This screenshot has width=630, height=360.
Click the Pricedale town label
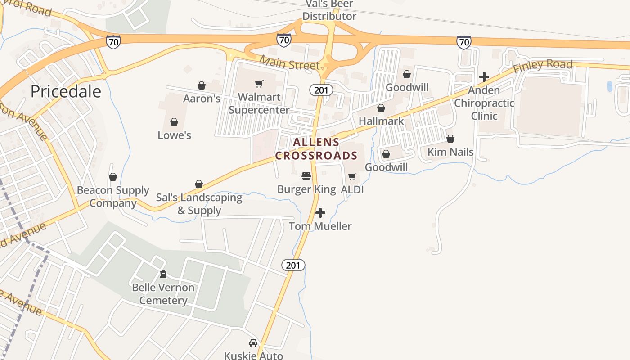[66, 91]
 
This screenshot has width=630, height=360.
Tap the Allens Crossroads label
[316, 149]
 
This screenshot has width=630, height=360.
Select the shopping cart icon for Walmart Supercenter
[259, 84]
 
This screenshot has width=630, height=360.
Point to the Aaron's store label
[202, 99]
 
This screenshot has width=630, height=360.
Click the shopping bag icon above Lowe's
[174, 122]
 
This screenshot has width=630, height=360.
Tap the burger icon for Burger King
[306, 175]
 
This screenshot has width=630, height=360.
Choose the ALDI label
[352, 189]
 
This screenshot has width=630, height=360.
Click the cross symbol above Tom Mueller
[320, 212]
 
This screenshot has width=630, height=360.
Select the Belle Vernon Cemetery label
[163, 294]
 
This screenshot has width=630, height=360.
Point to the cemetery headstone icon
[163, 274]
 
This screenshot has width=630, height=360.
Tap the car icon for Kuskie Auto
[253, 343]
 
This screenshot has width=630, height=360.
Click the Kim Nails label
[450, 152]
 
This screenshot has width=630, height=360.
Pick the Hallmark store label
[381, 121]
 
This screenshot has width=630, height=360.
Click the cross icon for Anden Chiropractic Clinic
[484, 77]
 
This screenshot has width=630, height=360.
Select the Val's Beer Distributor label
[329, 10]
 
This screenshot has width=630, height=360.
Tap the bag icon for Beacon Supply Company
[113, 177]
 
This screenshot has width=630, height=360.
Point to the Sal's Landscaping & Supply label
[199, 204]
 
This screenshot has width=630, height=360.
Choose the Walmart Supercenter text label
[259, 103]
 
